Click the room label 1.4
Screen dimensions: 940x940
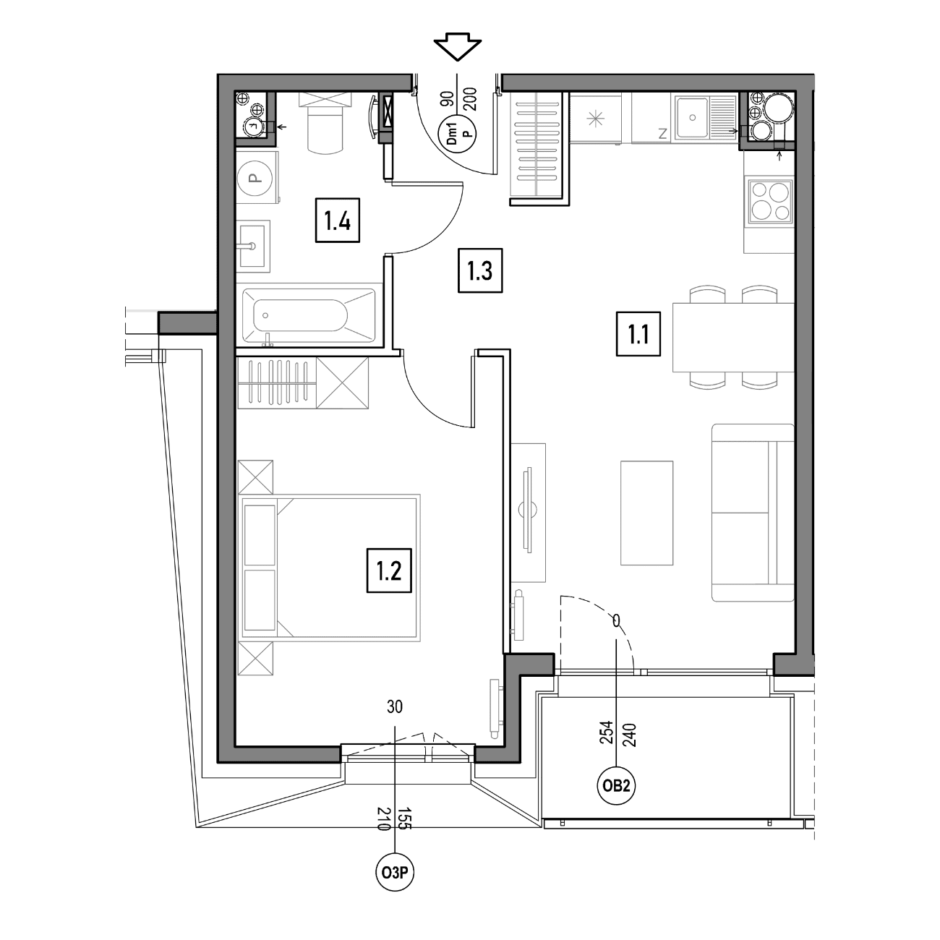[x=338, y=220]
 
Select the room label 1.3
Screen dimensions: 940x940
[x=480, y=270]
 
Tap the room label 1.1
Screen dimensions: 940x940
[x=638, y=334]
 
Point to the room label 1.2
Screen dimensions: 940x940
[x=389, y=571]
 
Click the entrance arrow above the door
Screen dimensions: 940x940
[x=458, y=46]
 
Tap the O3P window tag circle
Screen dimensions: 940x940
[x=395, y=872]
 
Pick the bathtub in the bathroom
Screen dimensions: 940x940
[x=309, y=315]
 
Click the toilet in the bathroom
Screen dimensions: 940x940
[x=325, y=123]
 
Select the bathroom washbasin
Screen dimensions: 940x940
[x=252, y=246]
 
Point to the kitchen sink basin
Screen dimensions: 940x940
[x=692, y=116]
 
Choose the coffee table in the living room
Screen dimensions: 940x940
[x=647, y=513]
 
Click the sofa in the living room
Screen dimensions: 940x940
[x=753, y=513]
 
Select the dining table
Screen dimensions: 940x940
[x=733, y=337]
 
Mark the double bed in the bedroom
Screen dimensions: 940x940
[x=329, y=568]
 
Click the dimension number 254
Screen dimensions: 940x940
[x=606, y=732]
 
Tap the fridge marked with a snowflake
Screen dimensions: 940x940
[x=595, y=119]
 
